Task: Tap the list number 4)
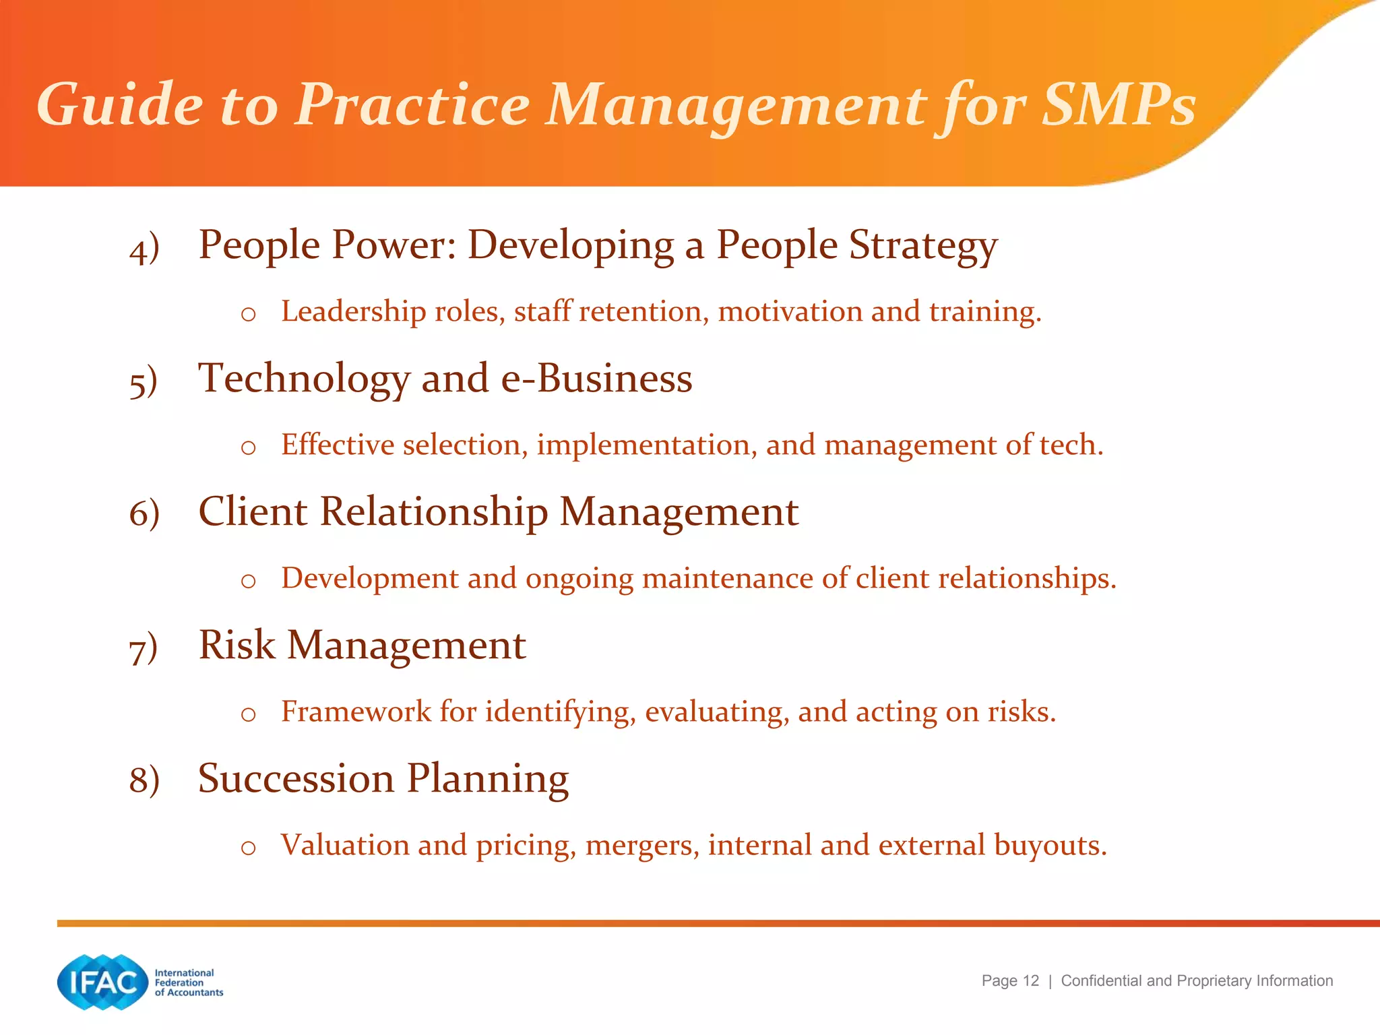[144, 249]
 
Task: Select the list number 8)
[144, 781]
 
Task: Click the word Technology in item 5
[304, 379]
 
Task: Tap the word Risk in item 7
[237, 645]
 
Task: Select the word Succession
[296, 778]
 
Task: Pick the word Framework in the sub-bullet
[356, 712]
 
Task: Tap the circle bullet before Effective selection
[248, 448]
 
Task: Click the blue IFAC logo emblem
[102, 982]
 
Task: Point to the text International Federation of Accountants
[188, 982]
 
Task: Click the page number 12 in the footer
[1030, 981]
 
